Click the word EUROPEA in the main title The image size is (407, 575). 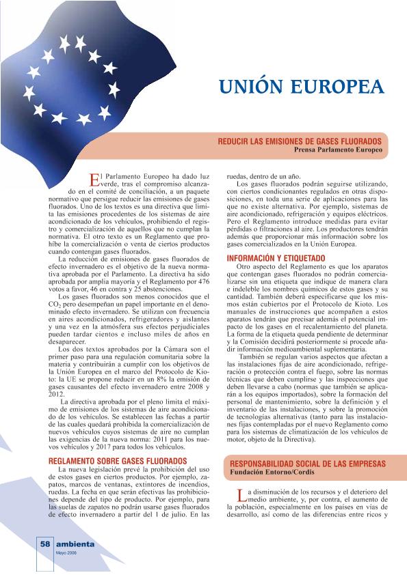[x=340, y=88]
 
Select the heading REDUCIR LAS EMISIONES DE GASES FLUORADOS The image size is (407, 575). [x=300, y=140]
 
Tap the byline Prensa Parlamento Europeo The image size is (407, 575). [x=338, y=149]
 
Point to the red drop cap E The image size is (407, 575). [x=95, y=179]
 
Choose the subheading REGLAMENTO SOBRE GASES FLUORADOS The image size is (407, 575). [x=118, y=461]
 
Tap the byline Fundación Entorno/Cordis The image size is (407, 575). [x=272, y=473]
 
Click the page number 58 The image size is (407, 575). [x=44, y=544]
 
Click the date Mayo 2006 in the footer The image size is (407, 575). [x=66, y=553]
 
